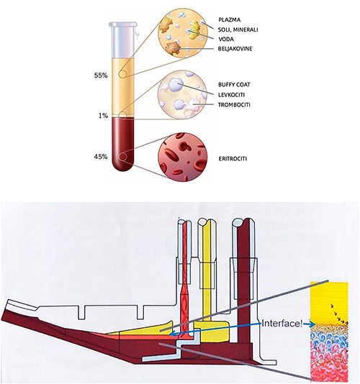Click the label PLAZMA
click(x=229, y=20)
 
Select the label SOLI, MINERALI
click(x=238, y=29)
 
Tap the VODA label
click(x=226, y=39)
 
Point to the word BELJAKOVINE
click(x=235, y=49)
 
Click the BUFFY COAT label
click(x=234, y=85)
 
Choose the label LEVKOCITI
click(x=231, y=95)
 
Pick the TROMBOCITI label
click(x=234, y=105)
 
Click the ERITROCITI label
click(x=233, y=159)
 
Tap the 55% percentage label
click(x=101, y=76)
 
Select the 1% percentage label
click(x=103, y=116)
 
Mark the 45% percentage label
click(x=101, y=157)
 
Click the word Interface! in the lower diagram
click(x=282, y=324)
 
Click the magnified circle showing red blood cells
click(x=183, y=157)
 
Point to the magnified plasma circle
click(x=183, y=33)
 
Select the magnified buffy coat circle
click(x=183, y=95)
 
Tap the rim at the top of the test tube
click(x=123, y=24)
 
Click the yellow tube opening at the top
click(x=207, y=221)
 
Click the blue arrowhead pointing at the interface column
click(x=312, y=324)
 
